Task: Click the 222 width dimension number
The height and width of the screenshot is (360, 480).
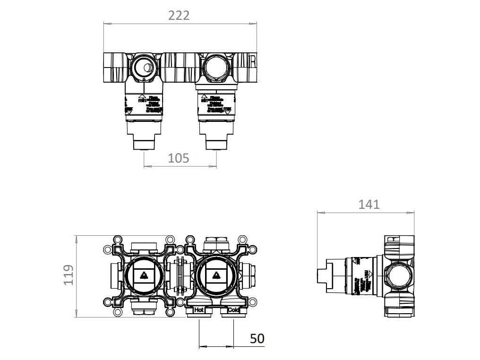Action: coord(179,15)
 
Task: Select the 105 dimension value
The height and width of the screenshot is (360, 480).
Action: coord(179,158)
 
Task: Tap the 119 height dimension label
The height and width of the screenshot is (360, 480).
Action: coord(69,275)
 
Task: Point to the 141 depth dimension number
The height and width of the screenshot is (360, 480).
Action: coord(369,204)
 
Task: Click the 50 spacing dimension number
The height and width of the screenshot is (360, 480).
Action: coord(257,338)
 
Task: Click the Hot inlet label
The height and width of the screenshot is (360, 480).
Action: coord(199,310)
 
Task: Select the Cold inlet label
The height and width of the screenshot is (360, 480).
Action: coord(233,310)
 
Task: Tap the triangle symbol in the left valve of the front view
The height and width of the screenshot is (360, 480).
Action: coord(143,275)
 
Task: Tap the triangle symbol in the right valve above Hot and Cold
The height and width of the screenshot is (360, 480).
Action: coord(216,275)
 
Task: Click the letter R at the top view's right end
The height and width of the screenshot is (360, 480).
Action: coord(253,62)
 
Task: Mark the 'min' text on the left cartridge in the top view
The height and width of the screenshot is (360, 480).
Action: coord(141,100)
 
